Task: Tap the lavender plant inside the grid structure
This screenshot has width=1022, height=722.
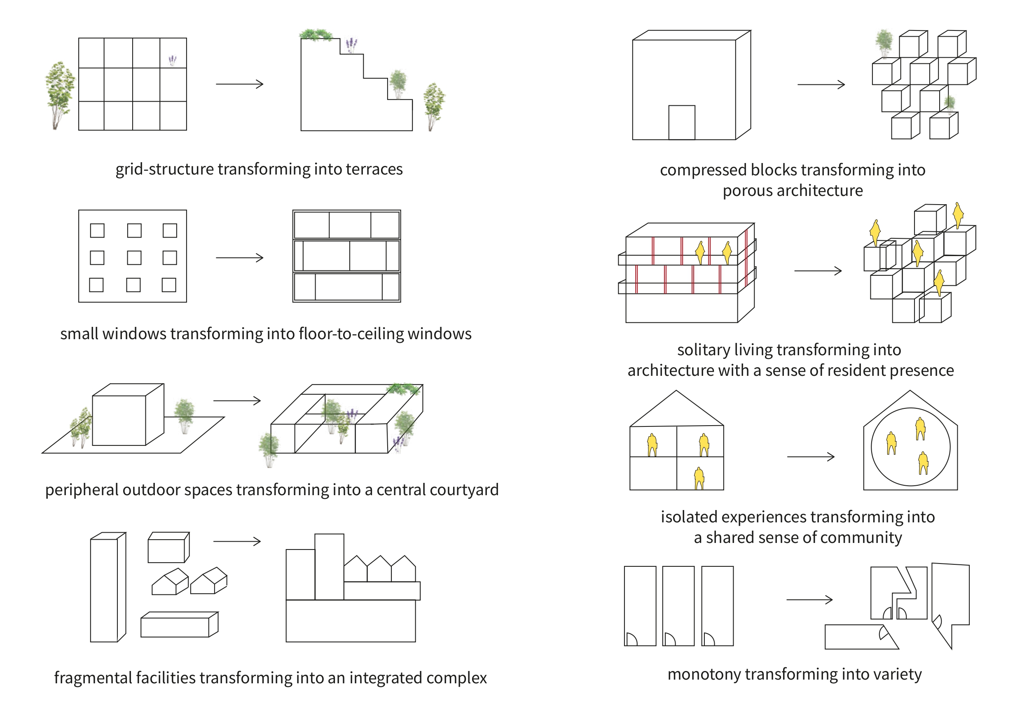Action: click(x=172, y=61)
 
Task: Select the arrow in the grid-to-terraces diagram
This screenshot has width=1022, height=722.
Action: click(x=239, y=84)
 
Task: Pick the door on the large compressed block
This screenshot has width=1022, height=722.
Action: click(x=681, y=122)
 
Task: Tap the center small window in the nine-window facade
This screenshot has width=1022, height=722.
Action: click(x=134, y=258)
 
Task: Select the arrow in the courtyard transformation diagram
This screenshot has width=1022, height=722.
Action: click(x=237, y=401)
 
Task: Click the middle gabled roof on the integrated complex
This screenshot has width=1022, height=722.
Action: click(x=379, y=569)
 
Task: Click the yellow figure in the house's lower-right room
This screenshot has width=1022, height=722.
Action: click(x=699, y=479)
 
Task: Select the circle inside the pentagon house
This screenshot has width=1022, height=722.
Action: click(x=910, y=447)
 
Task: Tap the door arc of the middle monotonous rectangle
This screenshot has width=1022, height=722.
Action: click(x=669, y=639)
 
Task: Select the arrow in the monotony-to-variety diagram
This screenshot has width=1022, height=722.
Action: click(x=809, y=600)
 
